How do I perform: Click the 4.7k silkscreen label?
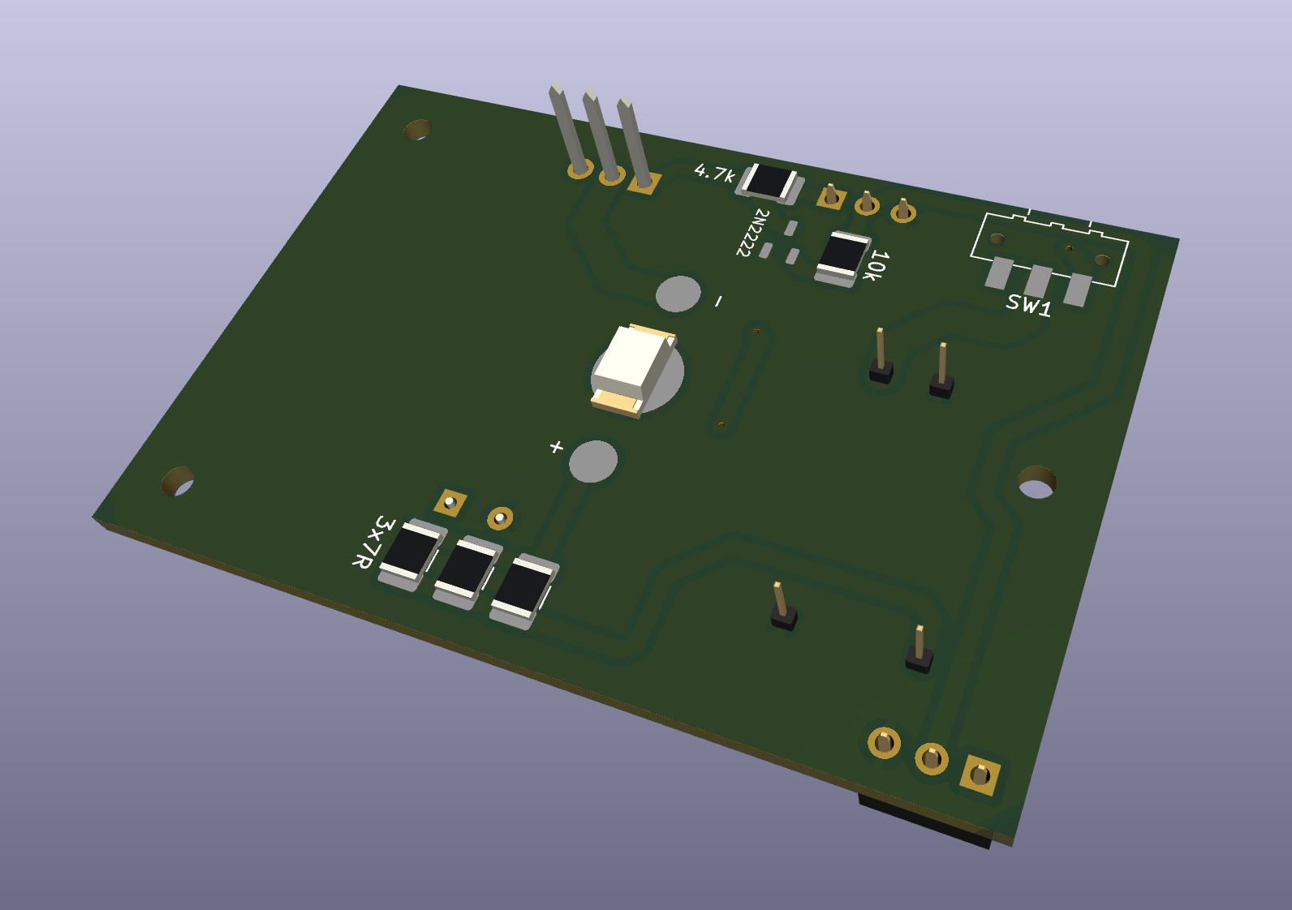click(x=714, y=172)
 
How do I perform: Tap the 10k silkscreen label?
click(x=876, y=266)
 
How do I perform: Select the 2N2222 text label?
click(x=752, y=232)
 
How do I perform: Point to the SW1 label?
click(x=1028, y=305)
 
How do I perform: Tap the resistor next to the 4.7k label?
click(x=769, y=182)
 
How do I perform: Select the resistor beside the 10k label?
click(x=842, y=259)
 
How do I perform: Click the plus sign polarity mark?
click(x=556, y=447)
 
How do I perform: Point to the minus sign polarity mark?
click(x=719, y=302)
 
